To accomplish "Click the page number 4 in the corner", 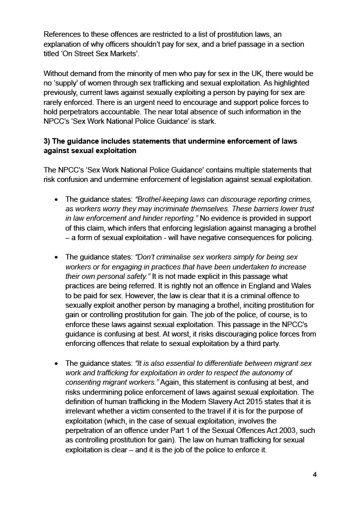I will [314, 474].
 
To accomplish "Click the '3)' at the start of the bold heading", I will [47, 141].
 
